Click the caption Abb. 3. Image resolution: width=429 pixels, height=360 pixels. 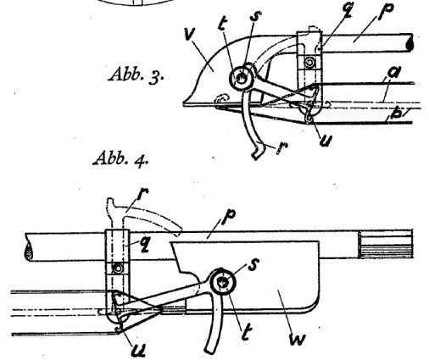(x=136, y=74)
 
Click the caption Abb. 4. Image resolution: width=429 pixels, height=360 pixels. (x=121, y=159)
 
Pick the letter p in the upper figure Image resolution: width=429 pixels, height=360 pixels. (x=387, y=12)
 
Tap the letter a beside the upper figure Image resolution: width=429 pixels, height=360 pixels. (x=394, y=72)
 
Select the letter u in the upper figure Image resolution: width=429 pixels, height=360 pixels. (x=326, y=141)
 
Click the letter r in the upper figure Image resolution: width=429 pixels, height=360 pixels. (x=281, y=147)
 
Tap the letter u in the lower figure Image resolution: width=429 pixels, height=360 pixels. (x=139, y=350)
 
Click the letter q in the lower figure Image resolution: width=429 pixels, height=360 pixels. (x=144, y=245)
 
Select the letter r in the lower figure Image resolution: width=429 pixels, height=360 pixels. (x=142, y=193)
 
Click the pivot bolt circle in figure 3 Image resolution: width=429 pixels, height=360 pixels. (x=241, y=78)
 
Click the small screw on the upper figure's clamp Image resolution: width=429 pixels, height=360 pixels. (x=309, y=62)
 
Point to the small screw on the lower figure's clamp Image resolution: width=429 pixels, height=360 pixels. (x=118, y=268)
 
